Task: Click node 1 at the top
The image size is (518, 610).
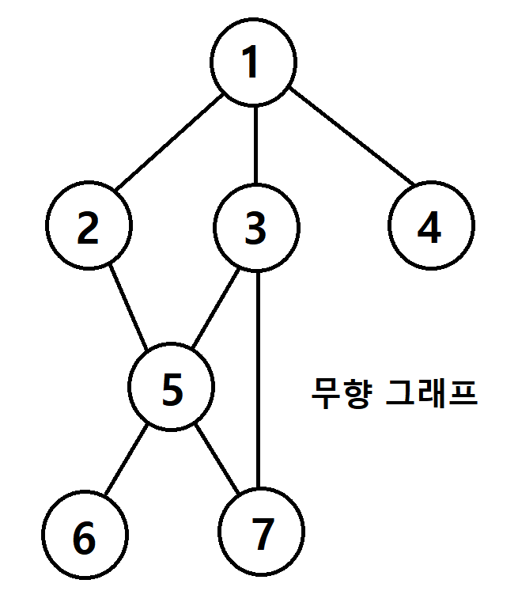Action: tap(254, 63)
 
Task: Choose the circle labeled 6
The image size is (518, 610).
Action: tap(85, 537)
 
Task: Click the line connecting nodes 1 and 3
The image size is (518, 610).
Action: tap(255, 146)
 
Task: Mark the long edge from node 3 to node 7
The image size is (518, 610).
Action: tap(258, 380)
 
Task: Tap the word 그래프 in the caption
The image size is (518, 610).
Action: tap(430, 393)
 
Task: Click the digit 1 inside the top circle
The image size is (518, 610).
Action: tap(251, 63)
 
